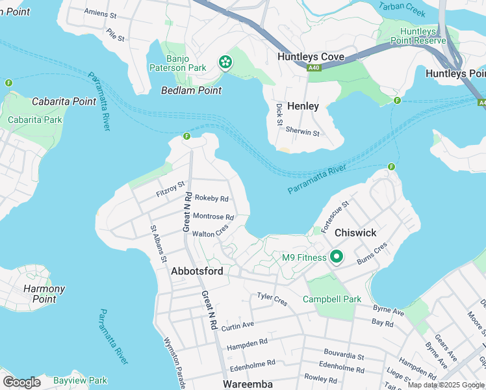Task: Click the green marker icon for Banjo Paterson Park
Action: (225, 62)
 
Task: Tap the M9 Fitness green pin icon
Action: (336, 257)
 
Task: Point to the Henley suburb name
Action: (303, 106)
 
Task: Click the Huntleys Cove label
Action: (311, 57)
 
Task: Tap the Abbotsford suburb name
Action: (197, 271)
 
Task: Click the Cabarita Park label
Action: (34, 120)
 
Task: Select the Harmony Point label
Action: (44, 294)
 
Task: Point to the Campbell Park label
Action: (331, 300)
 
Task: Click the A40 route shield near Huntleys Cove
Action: (314, 67)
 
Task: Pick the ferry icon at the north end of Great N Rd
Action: (186, 136)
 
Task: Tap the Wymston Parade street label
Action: (175, 359)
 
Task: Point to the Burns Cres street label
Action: (372, 253)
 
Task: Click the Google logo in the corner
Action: (21, 382)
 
